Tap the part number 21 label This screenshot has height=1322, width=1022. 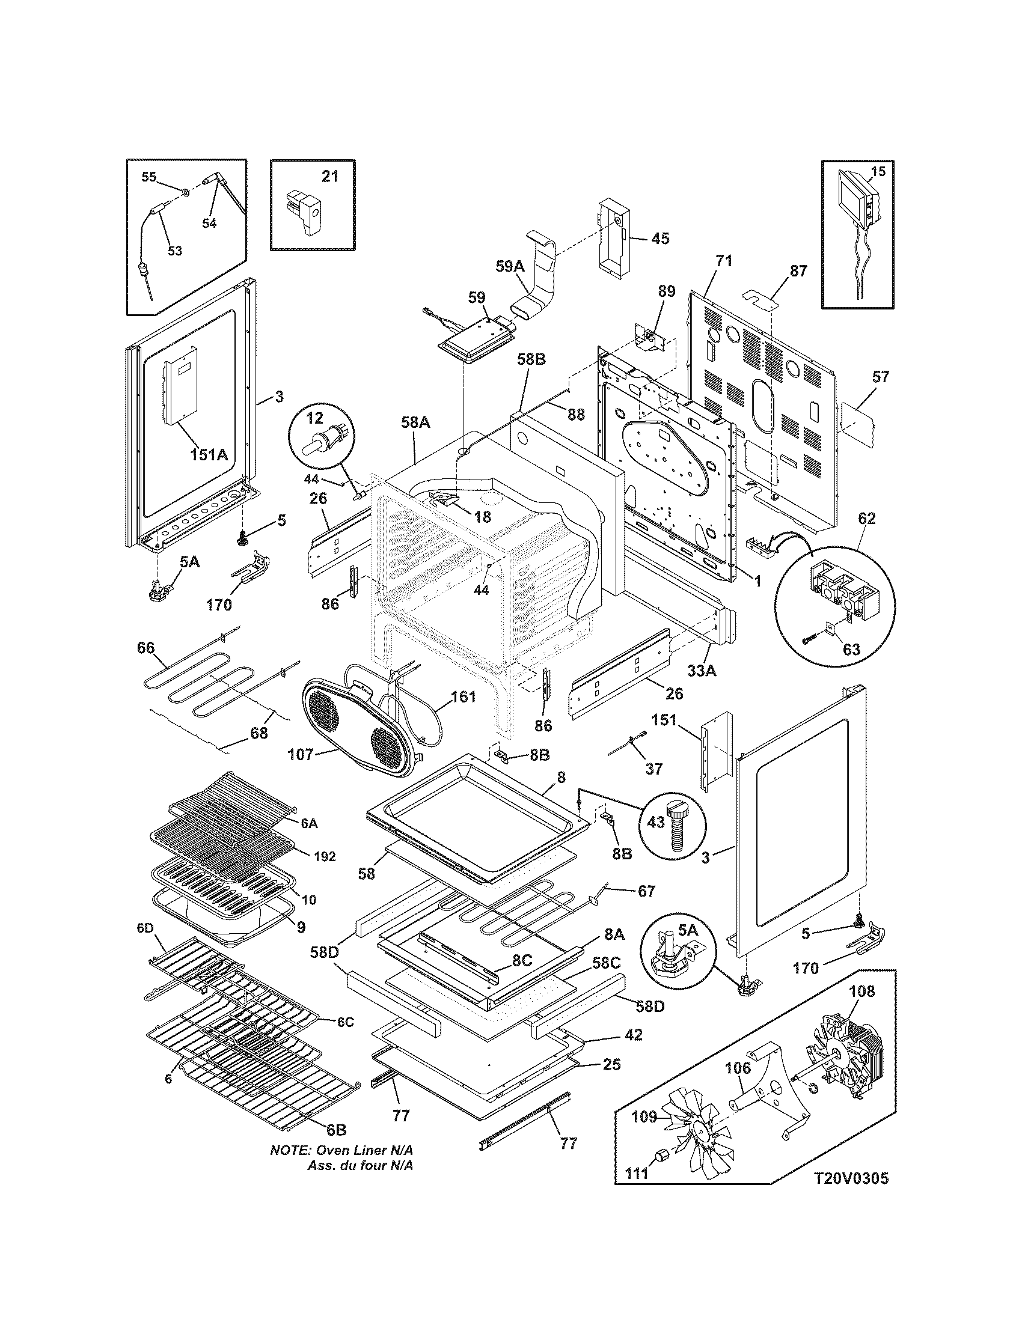click(329, 176)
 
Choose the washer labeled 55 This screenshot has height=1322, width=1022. click(184, 193)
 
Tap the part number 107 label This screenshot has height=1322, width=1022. click(301, 754)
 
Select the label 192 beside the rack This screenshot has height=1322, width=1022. click(325, 856)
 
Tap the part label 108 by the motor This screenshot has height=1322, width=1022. click(862, 991)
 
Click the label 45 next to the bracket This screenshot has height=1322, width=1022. click(660, 239)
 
